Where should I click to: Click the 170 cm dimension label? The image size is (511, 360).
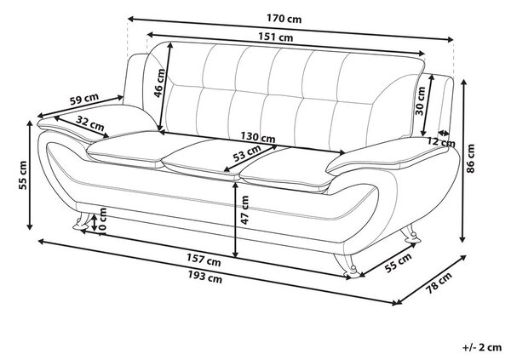click(x=284, y=18)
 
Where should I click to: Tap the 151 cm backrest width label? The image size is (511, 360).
click(x=276, y=37)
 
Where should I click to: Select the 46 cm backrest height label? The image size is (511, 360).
click(x=160, y=83)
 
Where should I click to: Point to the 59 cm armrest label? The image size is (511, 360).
click(x=84, y=99)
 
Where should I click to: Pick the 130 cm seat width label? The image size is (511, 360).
click(x=258, y=137)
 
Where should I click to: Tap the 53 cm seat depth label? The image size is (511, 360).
click(x=247, y=154)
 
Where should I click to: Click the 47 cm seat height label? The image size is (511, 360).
click(x=244, y=210)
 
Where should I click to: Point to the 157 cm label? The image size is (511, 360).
click(x=204, y=260)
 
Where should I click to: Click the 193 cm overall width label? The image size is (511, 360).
click(x=205, y=277)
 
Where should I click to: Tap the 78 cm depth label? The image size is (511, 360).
click(x=439, y=283)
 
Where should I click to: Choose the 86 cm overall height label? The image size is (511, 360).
click(x=471, y=158)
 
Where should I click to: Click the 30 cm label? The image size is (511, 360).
click(x=421, y=100)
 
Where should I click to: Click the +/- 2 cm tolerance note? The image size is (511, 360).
click(x=482, y=347)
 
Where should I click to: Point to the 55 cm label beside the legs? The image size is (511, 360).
click(x=398, y=263)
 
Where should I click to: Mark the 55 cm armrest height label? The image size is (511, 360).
click(x=24, y=175)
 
